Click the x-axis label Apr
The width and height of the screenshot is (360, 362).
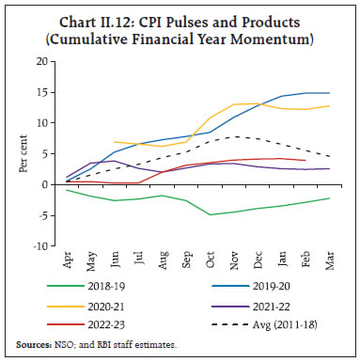point(69,260)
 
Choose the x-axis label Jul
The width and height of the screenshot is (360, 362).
point(139,260)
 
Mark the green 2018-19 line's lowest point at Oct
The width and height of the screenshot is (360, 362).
point(210,214)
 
